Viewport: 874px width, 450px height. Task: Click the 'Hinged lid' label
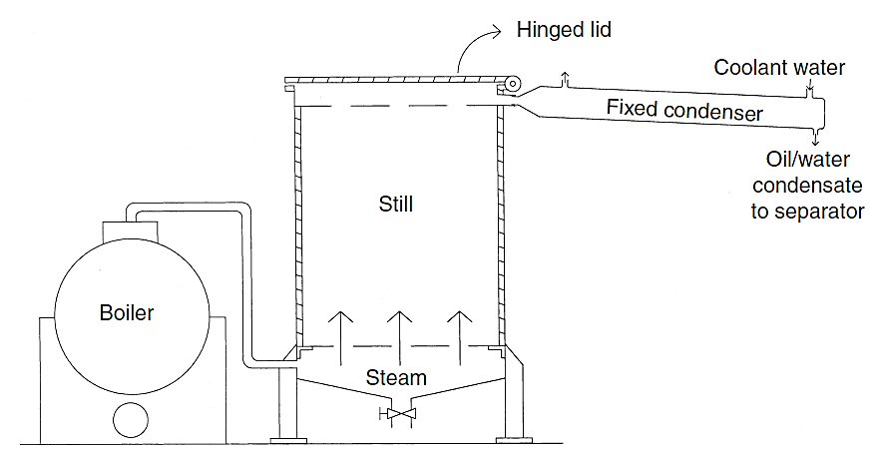[x=564, y=30]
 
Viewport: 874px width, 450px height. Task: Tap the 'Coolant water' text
[x=779, y=68]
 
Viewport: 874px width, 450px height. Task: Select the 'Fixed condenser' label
[x=684, y=108]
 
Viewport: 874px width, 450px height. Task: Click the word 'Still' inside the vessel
[x=396, y=205]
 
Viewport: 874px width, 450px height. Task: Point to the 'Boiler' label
[x=127, y=312]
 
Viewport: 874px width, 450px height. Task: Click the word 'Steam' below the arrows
[x=396, y=378]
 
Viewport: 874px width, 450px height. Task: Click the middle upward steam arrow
[x=399, y=329]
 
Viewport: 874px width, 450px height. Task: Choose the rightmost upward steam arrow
[x=458, y=329]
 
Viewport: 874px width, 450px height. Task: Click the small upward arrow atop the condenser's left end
[x=566, y=80]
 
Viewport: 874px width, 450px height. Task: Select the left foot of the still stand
[x=289, y=436]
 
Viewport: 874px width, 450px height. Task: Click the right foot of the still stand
[x=516, y=436]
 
